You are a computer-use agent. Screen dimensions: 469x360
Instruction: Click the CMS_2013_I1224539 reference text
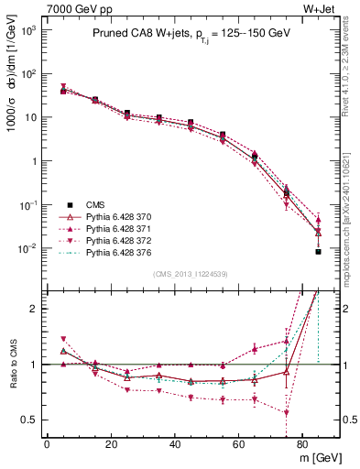(191, 273)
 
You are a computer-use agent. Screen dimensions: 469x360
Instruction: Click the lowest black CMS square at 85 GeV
(318, 251)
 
